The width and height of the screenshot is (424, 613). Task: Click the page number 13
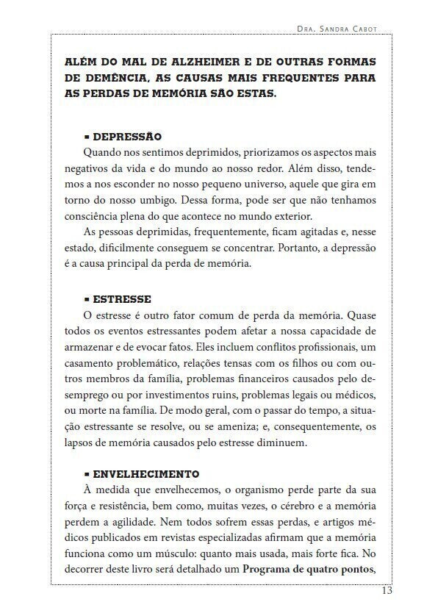387,592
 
